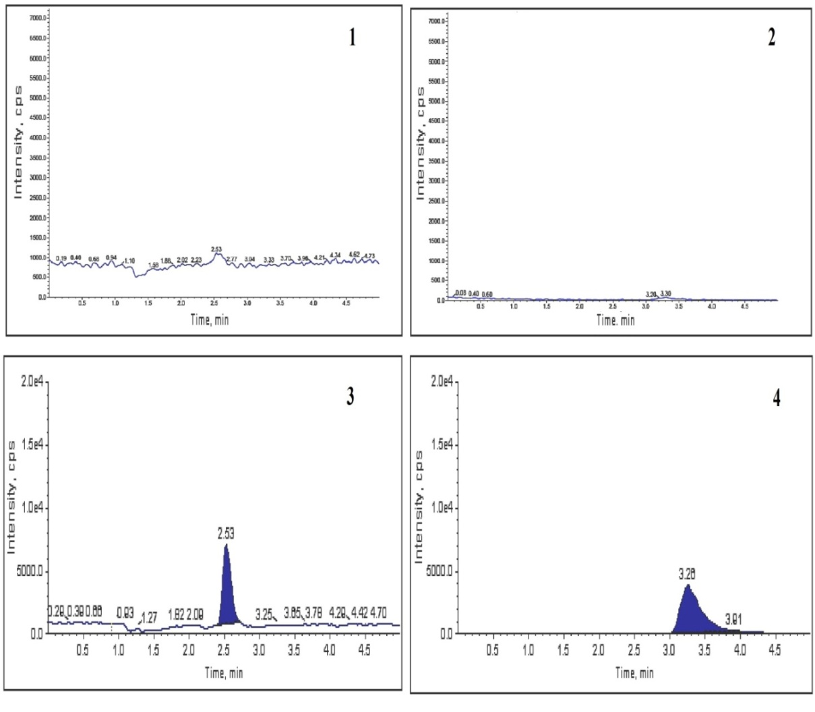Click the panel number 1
[x=351, y=38]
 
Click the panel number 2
[x=771, y=37]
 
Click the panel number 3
[x=350, y=397]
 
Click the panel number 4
[x=777, y=398]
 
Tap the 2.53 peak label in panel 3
[x=226, y=534]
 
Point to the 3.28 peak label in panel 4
[x=688, y=575]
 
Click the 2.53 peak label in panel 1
[x=216, y=249]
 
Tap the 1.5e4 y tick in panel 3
[x=31, y=445]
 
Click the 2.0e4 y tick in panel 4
[x=442, y=383]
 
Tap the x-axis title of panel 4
[x=634, y=672]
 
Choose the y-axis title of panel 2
[x=421, y=143]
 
